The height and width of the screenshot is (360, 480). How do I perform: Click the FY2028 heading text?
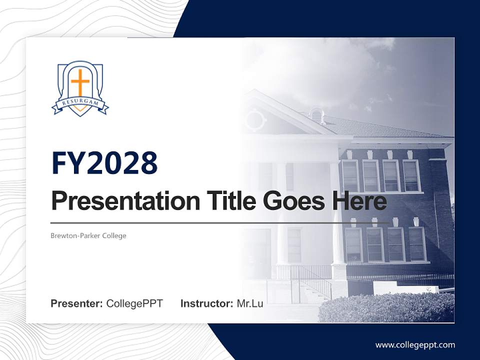pos(104,163)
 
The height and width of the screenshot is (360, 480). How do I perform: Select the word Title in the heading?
pos(229,201)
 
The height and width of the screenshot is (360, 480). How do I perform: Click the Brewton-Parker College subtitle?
pos(88,235)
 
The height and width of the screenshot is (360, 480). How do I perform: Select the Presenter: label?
pos(77,303)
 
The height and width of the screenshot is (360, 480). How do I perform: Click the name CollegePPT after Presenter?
pos(134,303)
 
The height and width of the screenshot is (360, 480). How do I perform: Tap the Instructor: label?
pos(206,303)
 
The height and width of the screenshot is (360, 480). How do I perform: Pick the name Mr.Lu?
pos(249,303)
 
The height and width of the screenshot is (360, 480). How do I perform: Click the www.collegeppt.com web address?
pos(415,344)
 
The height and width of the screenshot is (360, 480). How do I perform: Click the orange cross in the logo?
pos(80,81)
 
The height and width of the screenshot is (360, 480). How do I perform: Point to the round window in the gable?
pos(256,120)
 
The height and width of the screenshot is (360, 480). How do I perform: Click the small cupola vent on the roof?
pos(316,114)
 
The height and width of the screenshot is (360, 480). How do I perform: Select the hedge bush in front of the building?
pos(385,307)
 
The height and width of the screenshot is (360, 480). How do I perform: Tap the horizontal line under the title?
pos(220,222)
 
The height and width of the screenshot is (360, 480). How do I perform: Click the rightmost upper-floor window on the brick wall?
pos(411,175)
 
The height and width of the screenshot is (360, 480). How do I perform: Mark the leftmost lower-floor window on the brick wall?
pos(353,244)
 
